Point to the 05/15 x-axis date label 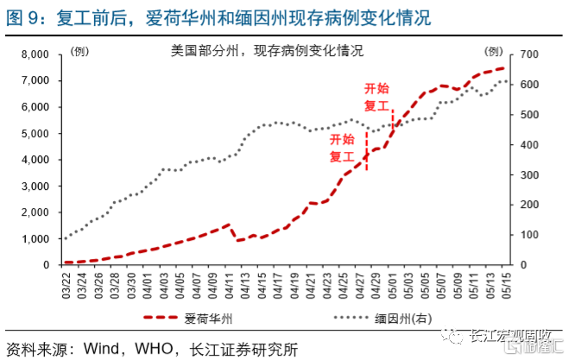[x=504, y=281]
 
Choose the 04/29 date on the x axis [x=375, y=281]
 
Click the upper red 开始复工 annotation [x=377, y=96]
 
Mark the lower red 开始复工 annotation [x=343, y=148]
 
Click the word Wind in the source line [x=103, y=349]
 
